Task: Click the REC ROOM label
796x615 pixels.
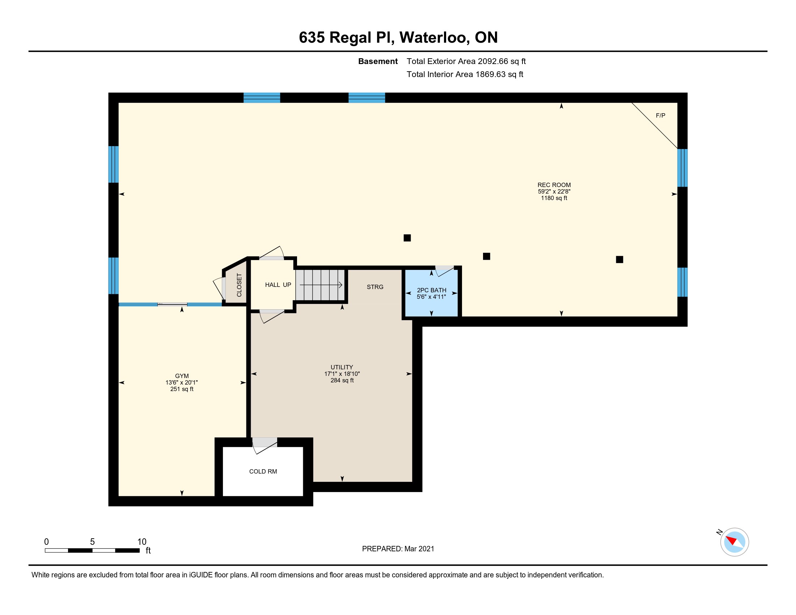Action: coord(554,185)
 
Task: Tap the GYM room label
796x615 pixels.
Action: coord(182,376)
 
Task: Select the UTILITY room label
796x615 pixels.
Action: coord(342,367)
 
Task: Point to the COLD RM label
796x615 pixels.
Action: coord(263,471)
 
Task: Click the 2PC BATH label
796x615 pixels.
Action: coord(432,290)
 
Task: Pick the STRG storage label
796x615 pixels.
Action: coord(375,287)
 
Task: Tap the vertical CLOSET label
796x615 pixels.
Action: coord(239,285)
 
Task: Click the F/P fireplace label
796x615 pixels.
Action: coord(660,115)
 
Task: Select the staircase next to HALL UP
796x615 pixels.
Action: coord(320,285)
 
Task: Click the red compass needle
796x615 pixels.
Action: coord(732,540)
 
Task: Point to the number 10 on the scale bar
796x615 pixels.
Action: coord(142,542)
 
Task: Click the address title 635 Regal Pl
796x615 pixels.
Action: coord(347,38)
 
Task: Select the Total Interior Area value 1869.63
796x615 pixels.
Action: coord(491,74)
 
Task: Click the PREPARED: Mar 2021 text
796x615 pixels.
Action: coord(398,549)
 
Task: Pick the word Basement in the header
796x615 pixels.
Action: coord(378,61)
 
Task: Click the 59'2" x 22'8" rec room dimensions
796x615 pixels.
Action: coord(554,192)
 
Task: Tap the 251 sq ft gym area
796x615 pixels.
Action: coord(182,389)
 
